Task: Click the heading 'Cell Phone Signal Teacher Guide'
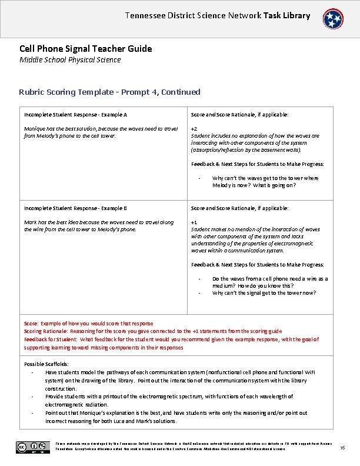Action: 85,49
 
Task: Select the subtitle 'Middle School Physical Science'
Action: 70,59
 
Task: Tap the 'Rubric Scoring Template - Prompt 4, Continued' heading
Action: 109,92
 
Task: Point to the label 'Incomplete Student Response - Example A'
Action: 75,115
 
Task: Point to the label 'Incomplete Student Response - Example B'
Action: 75,208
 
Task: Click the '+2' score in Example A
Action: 194,128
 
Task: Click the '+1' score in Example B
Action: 194,222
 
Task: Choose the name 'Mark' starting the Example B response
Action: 31,222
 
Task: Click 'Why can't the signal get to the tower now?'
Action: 264,292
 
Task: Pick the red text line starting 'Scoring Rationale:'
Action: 153,331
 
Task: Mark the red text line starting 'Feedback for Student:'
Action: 171,339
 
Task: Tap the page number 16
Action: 342,449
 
